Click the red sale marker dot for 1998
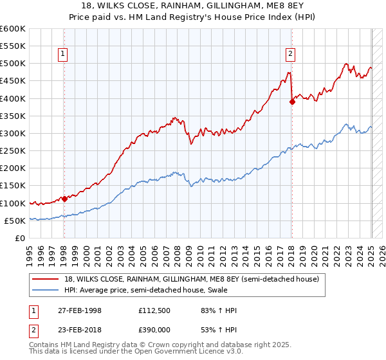pos(64,199)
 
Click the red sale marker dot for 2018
pos(291,102)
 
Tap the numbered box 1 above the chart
pos(64,55)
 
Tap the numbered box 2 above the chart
pos(291,55)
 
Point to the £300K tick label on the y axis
pos(13,133)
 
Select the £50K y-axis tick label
pos(15,221)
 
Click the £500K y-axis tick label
pos(13,64)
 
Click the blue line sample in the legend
pos(45,291)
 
